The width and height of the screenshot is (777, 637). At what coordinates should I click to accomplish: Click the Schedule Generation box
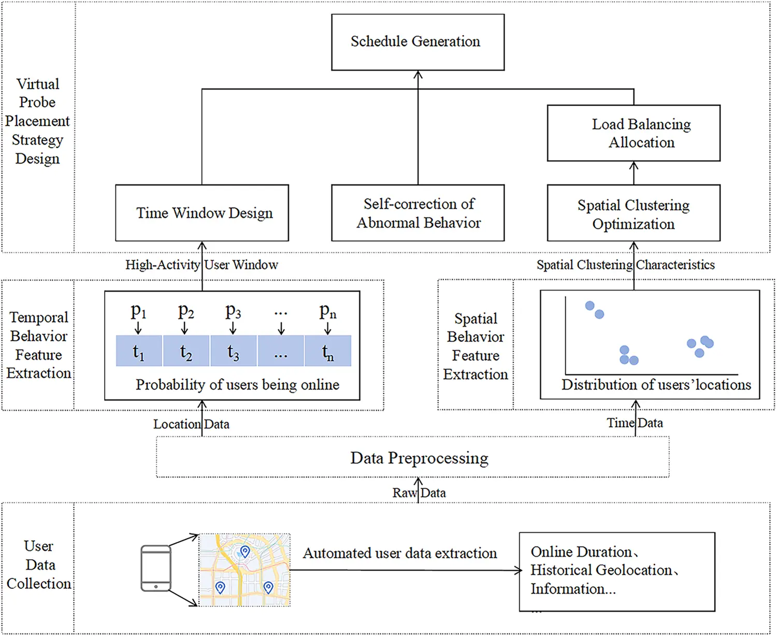[418, 42]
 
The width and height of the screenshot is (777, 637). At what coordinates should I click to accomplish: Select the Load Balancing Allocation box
[634, 133]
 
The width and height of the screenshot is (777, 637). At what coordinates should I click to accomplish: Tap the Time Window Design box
[202, 213]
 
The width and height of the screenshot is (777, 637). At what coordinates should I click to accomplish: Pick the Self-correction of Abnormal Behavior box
[418, 213]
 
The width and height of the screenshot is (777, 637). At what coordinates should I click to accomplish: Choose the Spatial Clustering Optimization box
[634, 214]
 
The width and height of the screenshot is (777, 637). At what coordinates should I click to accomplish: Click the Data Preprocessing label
[419, 458]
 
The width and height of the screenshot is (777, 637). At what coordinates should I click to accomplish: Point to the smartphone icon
[156, 568]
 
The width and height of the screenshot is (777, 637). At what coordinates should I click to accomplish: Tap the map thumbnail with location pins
[245, 570]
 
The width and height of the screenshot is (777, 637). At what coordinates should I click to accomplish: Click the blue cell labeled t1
[138, 351]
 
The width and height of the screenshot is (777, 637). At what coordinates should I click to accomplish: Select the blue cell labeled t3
[233, 351]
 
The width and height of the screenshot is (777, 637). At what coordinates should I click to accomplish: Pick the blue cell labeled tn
[327, 351]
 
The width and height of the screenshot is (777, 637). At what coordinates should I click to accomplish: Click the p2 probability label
[185, 311]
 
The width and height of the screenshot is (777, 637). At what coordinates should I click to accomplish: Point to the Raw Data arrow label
[419, 493]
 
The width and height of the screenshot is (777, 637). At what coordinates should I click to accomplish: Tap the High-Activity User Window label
[202, 265]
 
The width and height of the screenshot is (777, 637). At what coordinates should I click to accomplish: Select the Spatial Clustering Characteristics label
[625, 265]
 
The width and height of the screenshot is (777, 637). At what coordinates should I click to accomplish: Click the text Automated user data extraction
[399, 553]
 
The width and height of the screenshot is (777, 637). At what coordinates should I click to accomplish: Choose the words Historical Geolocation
[601, 570]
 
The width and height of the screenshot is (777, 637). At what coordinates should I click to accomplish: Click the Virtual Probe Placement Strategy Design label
[37, 121]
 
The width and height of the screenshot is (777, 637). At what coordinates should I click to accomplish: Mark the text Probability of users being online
[237, 385]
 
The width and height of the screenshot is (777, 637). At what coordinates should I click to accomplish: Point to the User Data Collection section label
[39, 565]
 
